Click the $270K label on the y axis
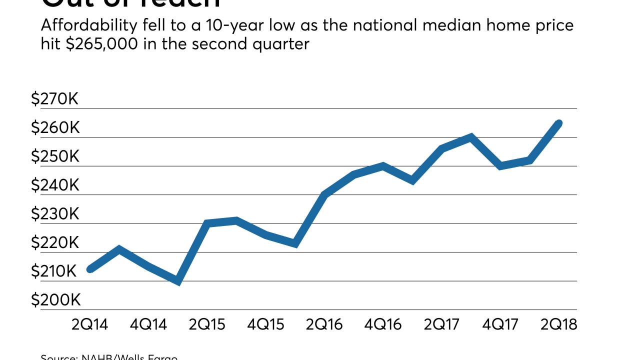(55, 99)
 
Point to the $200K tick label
(55, 300)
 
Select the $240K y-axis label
(55, 185)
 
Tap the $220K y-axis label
(55, 243)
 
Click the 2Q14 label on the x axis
(90, 324)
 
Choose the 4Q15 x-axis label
(266, 324)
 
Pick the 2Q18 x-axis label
(559, 324)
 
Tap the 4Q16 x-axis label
(383, 324)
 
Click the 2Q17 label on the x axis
(441, 324)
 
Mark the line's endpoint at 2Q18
(559, 123)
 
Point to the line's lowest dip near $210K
(177, 282)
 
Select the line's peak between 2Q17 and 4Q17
(470, 137)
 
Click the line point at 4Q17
(500, 166)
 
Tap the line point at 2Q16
(324, 194)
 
